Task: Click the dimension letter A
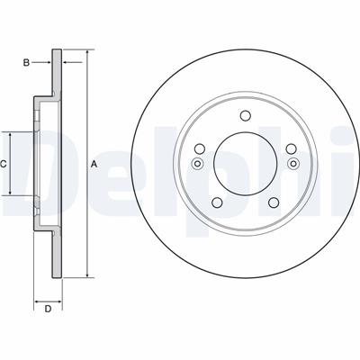(94, 165)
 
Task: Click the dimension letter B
(26, 63)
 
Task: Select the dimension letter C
(3, 164)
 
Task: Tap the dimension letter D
(48, 309)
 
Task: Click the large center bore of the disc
(246, 164)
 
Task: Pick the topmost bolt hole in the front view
(246, 115)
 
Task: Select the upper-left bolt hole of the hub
(200, 148)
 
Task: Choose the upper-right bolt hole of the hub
(291, 148)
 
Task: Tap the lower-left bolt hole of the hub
(217, 202)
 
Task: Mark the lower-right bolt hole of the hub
(274, 202)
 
